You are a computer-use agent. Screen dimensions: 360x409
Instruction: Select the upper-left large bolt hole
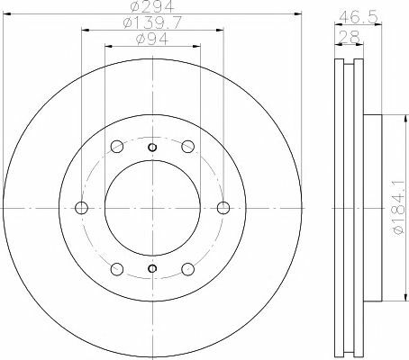coord(116,148)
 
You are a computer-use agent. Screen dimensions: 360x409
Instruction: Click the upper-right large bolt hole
coord(187,148)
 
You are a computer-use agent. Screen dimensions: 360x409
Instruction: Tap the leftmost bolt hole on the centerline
coord(82,208)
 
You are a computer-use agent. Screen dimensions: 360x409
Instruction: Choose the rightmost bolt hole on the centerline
coord(223,208)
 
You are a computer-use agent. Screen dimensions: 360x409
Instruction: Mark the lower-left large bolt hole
coord(116,268)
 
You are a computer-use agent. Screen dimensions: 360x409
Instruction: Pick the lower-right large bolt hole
coord(187,268)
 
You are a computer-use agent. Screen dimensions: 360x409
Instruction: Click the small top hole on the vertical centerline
coord(152,148)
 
